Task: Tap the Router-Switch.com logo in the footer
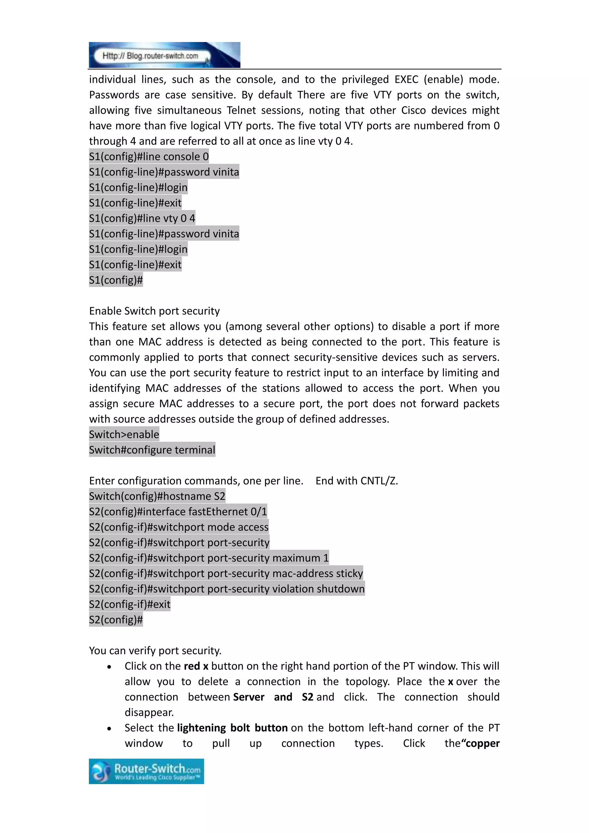146,772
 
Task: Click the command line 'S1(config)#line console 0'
149,157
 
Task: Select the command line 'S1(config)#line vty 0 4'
142,218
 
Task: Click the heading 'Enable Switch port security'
154,311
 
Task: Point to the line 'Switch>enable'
124,435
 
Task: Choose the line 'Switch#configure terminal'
152,450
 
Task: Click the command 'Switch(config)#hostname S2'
157,496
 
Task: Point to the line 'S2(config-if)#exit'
129,604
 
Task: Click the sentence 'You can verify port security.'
155,651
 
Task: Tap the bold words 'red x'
196,666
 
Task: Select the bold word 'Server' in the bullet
249,697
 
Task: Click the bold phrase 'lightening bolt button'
232,728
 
